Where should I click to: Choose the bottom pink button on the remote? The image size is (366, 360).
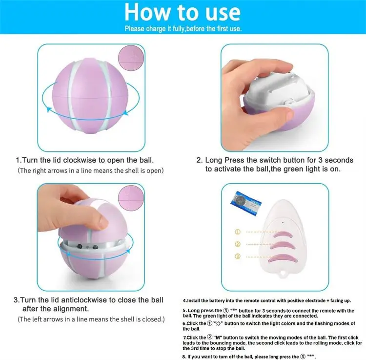(280, 257)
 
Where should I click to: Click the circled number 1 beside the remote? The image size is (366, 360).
(238, 232)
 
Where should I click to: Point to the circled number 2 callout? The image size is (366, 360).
(238, 244)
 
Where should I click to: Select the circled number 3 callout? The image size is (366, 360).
(238, 256)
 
